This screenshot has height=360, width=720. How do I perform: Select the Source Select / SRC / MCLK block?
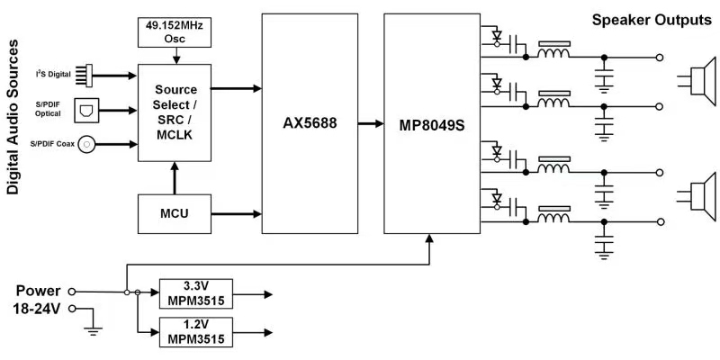click(x=175, y=112)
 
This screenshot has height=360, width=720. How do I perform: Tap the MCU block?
click(x=175, y=213)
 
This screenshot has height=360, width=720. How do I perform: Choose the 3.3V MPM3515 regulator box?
click(x=194, y=292)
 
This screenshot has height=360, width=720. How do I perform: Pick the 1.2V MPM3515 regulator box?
click(x=194, y=331)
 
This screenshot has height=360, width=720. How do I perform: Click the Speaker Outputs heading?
click(x=651, y=20)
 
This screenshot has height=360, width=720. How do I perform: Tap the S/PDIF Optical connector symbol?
click(x=85, y=109)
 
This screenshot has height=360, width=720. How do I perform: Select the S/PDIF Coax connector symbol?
click(x=87, y=142)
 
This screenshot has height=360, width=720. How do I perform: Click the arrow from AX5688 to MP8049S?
click(x=365, y=124)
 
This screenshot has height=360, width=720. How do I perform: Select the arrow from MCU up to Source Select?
click(x=175, y=177)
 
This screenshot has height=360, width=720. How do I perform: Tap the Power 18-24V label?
click(x=40, y=300)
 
